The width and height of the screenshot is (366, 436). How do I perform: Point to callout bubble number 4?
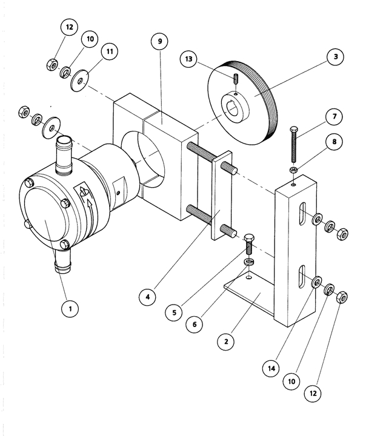[x=147, y=297]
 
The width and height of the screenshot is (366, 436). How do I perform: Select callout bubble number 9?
[x=159, y=42]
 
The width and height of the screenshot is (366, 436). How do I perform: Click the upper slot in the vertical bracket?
[x=301, y=217]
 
